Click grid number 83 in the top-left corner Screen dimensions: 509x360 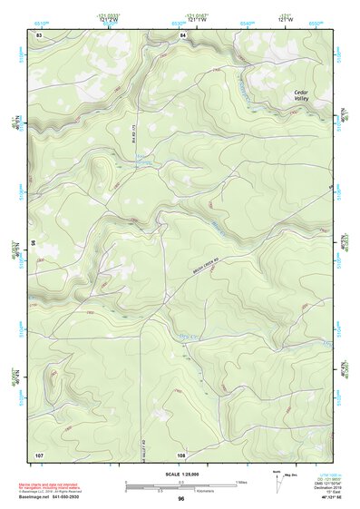(39, 34)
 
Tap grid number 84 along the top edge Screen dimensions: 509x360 (182, 34)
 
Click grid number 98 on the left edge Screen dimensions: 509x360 (34, 244)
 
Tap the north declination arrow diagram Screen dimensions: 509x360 (276, 479)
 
